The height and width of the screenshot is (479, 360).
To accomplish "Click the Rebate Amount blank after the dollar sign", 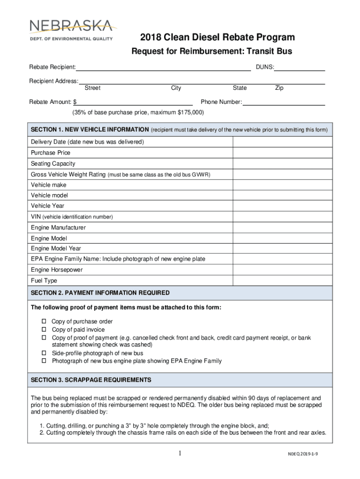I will pos(135,102).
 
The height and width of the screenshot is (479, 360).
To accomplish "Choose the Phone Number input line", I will pos(284,102).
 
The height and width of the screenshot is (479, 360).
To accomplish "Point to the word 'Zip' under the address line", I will pos(279,88).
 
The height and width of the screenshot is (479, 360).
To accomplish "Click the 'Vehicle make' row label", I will pos(49,185).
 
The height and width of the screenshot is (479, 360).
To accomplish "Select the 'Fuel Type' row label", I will pos(44,281).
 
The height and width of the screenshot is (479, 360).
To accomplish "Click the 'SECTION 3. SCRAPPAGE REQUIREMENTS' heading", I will pos(91,380).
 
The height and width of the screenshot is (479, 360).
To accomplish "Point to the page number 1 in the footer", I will pos(180,453).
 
